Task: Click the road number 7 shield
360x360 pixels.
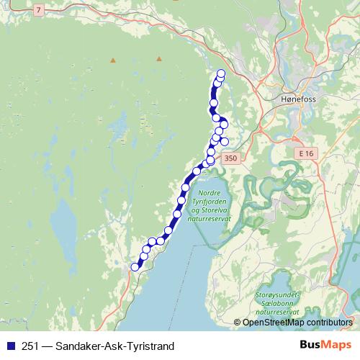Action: point(38,9)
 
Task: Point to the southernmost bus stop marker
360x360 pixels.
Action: point(134,267)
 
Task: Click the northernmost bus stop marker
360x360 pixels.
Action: point(221,73)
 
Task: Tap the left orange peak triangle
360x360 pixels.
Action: point(112,60)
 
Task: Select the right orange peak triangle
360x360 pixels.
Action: point(159,59)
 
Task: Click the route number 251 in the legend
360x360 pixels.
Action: point(30,346)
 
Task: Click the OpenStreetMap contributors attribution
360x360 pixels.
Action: point(297,323)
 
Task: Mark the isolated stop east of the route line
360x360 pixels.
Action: point(225,141)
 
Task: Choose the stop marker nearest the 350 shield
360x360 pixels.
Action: point(211,161)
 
